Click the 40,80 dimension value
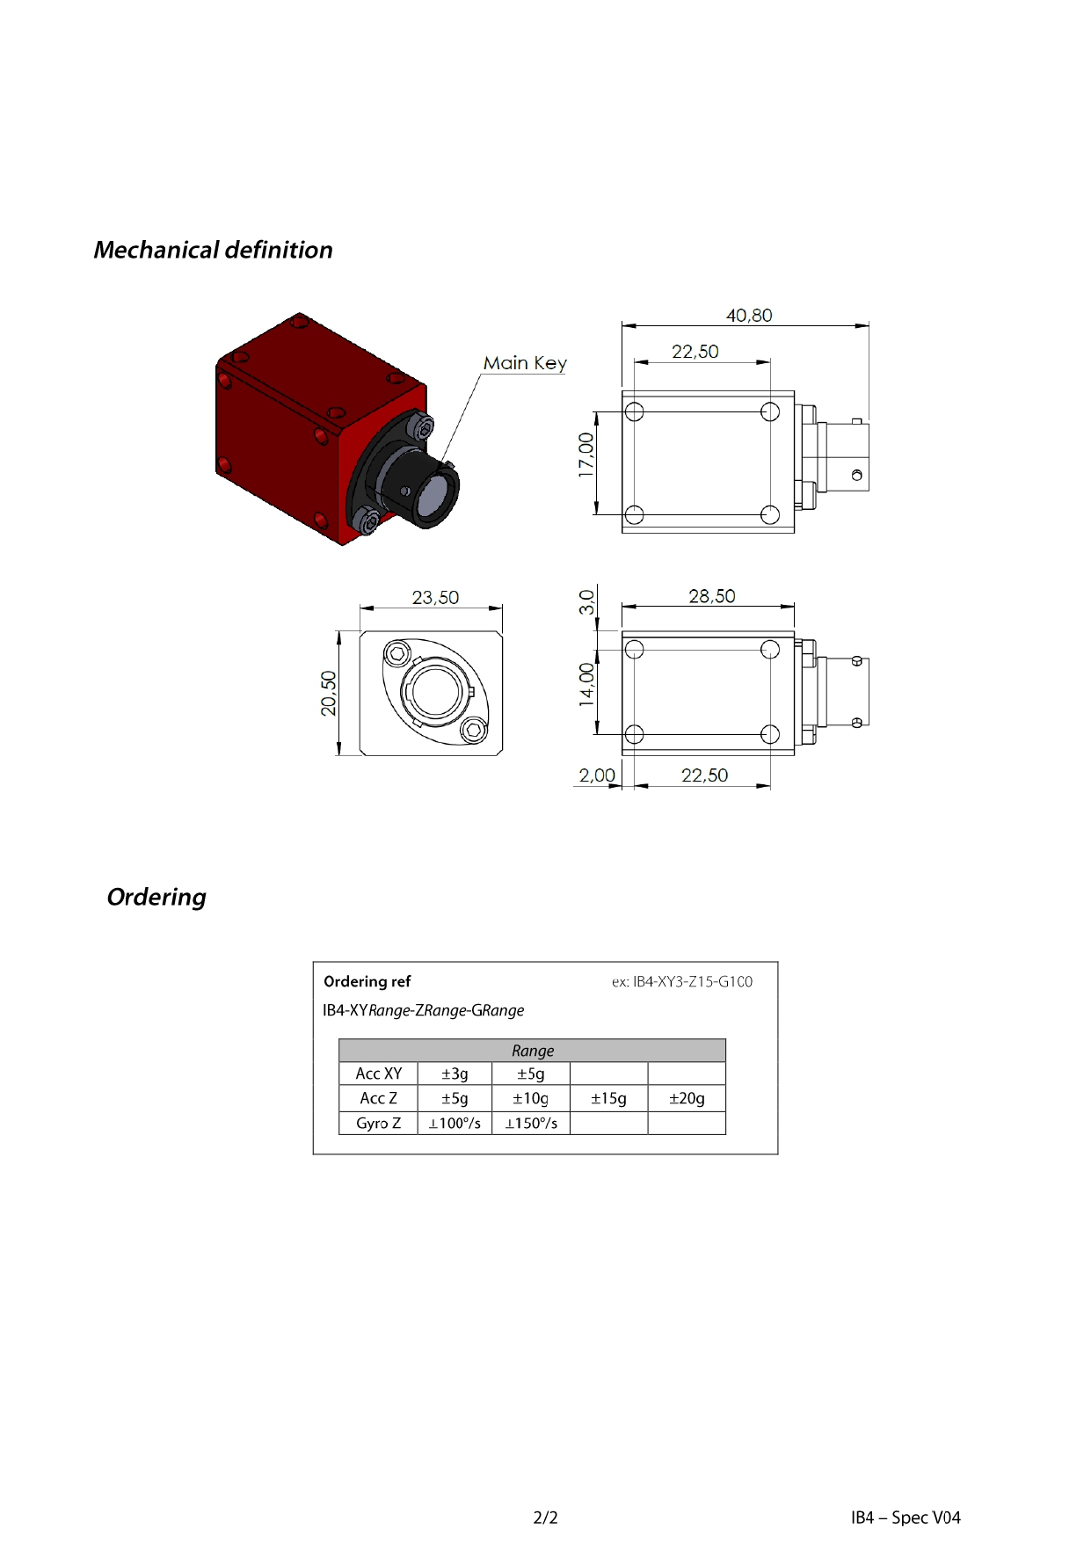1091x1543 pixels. [x=749, y=316]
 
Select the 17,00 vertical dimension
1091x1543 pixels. [x=586, y=455]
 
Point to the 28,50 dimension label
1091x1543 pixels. [x=712, y=597]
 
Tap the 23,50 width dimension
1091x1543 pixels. [x=435, y=598]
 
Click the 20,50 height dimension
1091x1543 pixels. [x=329, y=694]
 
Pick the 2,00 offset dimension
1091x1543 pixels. [x=597, y=775]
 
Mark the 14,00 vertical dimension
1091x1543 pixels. [x=586, y=684]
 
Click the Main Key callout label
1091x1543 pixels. [x=525, y=363]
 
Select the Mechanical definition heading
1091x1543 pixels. [x=214, y=251]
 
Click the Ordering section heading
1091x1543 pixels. [x=156, y=898]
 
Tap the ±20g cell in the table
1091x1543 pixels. [x=687, y=1099]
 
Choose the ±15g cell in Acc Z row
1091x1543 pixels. [x=608, y=1099]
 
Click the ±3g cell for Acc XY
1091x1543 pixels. [x=455, y=1074]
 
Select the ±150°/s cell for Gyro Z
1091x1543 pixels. [x=531, y=1124]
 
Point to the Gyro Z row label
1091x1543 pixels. [x=378, y=1124]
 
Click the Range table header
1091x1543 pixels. [x=533, y=1051]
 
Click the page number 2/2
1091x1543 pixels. [x=545, y=1518]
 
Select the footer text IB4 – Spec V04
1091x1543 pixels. [x=906, y=1518]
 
